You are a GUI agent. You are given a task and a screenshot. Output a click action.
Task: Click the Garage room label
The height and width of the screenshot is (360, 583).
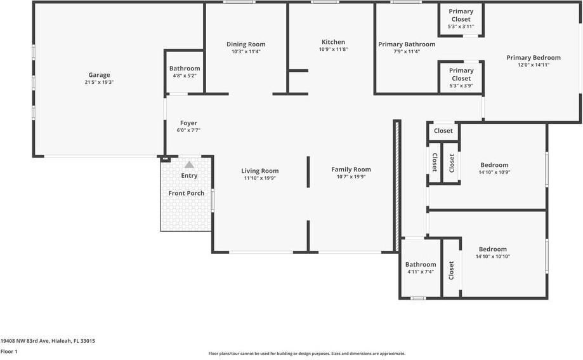pos(99,74)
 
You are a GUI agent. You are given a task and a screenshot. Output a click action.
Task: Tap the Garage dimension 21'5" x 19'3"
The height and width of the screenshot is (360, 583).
pos(99,82)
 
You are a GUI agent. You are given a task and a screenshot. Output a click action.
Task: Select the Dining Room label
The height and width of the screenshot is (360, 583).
pos(246,44)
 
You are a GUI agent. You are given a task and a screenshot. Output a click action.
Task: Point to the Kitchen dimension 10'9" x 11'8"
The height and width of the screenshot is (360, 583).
pos(333,50)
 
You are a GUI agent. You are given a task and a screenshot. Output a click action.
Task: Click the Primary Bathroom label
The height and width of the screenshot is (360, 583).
pos(407,44)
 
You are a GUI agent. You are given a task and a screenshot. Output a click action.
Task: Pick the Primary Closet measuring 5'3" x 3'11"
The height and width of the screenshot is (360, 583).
pos(461,19)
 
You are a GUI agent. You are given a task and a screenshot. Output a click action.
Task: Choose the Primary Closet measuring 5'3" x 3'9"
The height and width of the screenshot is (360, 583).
pos(461,78)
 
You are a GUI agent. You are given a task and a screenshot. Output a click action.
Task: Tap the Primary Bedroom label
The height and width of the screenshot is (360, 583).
pos(533,58)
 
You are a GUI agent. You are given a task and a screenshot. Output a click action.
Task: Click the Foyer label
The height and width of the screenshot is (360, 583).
pos(188,123)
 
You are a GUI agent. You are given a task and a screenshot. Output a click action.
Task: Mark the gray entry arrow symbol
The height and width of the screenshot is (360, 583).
pos(189,164)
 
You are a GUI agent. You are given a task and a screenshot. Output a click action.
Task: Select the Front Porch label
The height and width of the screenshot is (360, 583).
pos(186,193)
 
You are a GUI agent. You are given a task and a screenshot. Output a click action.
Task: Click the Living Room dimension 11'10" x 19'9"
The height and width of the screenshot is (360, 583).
pos(259,178)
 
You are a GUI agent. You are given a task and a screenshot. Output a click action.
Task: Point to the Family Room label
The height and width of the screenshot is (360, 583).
pos(351,170)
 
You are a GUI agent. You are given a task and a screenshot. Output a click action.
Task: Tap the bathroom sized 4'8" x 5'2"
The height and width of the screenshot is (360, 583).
pos(185,72)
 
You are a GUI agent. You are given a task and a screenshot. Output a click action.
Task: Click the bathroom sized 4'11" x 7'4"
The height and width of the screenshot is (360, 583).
pos(421,268)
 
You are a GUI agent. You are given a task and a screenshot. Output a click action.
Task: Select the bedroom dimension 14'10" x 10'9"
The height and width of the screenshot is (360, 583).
pos(494,172)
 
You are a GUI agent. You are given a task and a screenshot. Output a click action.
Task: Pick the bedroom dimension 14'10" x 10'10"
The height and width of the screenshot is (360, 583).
pos(493,257)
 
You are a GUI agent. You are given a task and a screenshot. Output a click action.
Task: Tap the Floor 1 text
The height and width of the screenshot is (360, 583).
pos(9,351)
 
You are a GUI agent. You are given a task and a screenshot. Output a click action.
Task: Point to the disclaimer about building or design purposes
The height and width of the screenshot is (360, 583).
pos(307,354)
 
